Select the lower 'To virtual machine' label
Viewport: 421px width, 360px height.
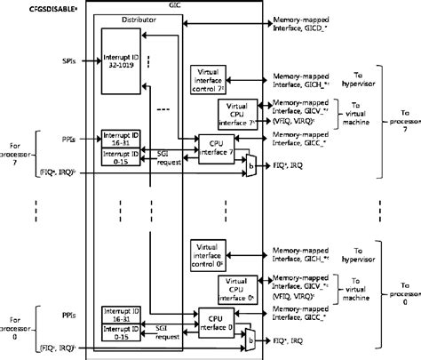(346, 293)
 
